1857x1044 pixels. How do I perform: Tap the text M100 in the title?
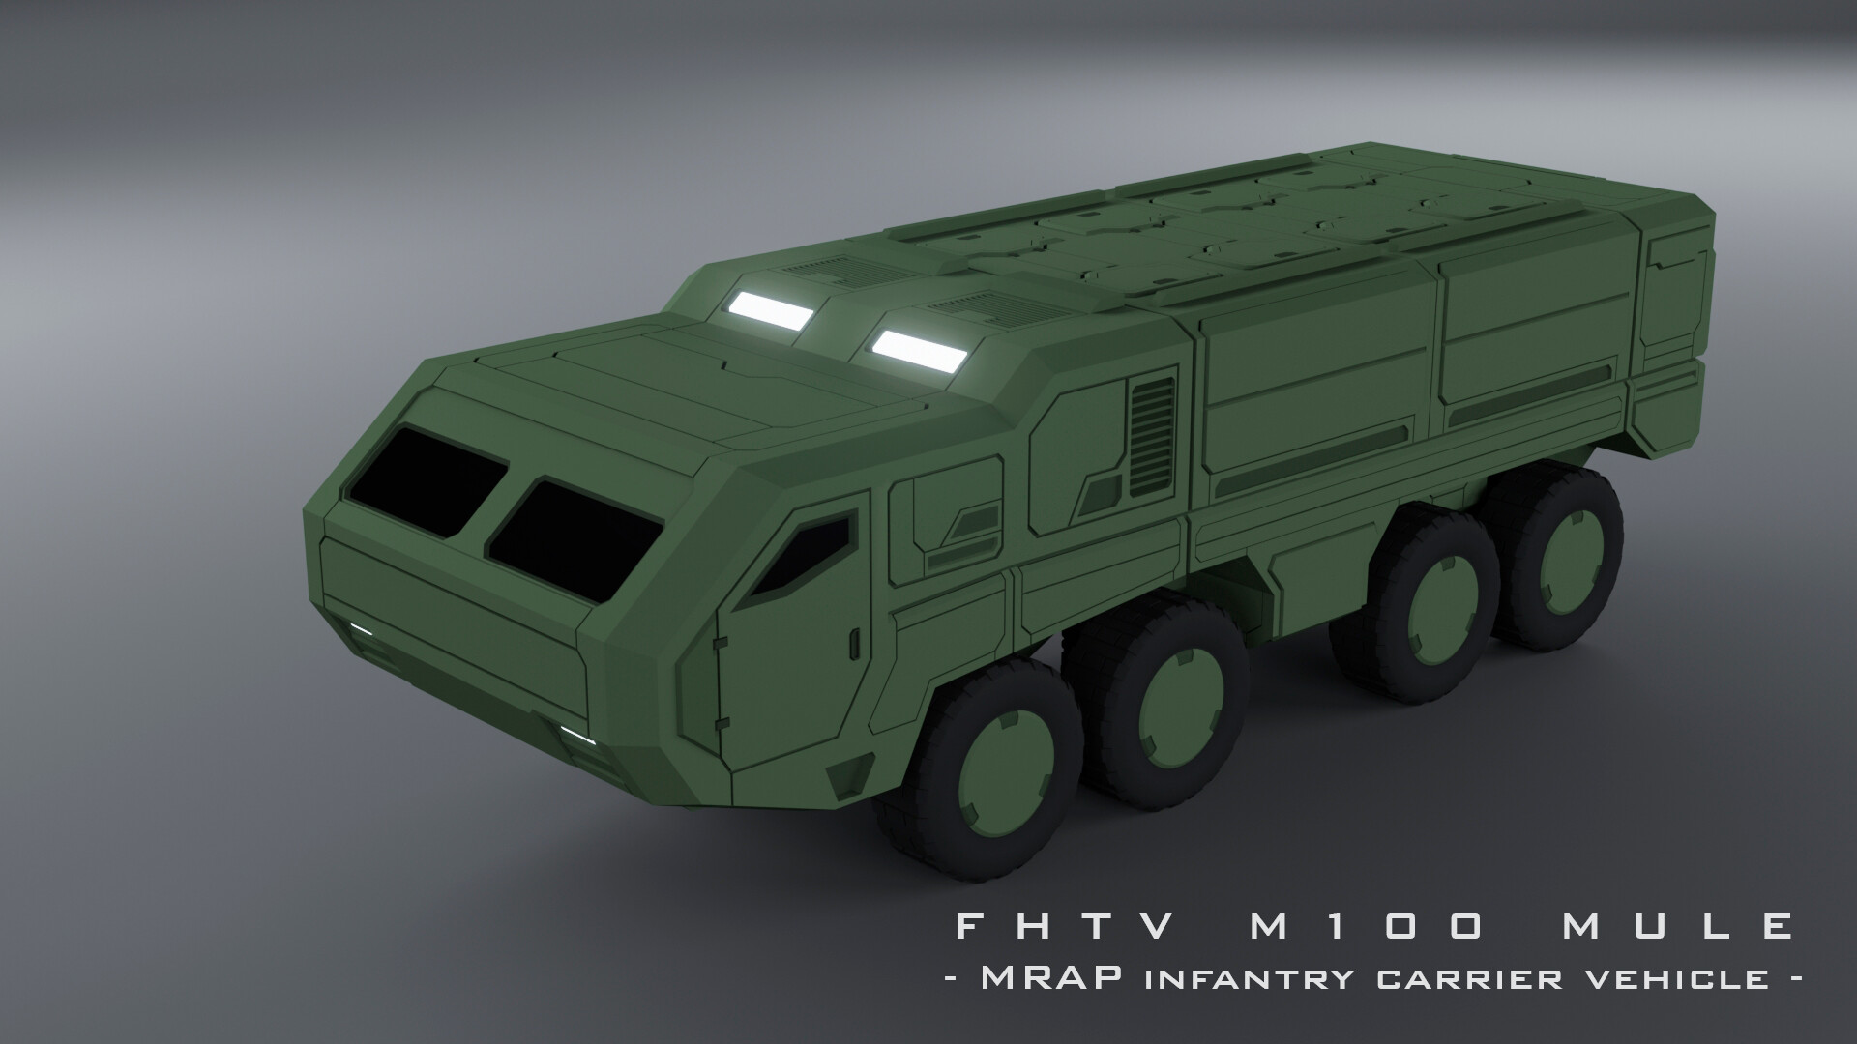click(1365, 927)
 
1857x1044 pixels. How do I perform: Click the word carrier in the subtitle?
click(1465, 978)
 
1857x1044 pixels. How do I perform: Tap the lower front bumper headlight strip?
click(576, 737)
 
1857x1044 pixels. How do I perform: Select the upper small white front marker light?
click(361, 630)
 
